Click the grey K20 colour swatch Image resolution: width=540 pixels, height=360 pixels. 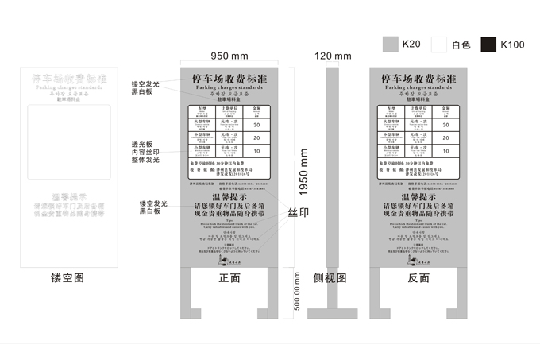coord(390,45)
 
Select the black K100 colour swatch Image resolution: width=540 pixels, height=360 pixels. coord(488,45)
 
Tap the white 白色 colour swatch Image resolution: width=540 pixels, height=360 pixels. coord(439,45)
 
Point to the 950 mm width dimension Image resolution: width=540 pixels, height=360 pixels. coord(229,56)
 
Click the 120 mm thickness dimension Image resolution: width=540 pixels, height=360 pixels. coord(333,56)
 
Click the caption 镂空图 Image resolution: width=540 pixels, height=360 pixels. coord(67,277)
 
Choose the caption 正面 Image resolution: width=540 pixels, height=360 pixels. coord(229,277)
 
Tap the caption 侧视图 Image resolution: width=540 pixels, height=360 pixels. coord(330,277)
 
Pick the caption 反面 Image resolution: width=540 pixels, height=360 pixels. coord(418,277)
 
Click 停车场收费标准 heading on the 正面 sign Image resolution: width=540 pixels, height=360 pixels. coord(229,79)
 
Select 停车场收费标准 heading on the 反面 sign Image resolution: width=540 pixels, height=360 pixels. coord(418,79)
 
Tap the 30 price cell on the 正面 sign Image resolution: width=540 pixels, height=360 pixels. coord(256,125)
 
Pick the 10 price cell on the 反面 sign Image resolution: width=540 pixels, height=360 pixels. coord(445,150)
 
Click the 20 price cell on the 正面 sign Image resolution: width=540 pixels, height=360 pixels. coord(256,137)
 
